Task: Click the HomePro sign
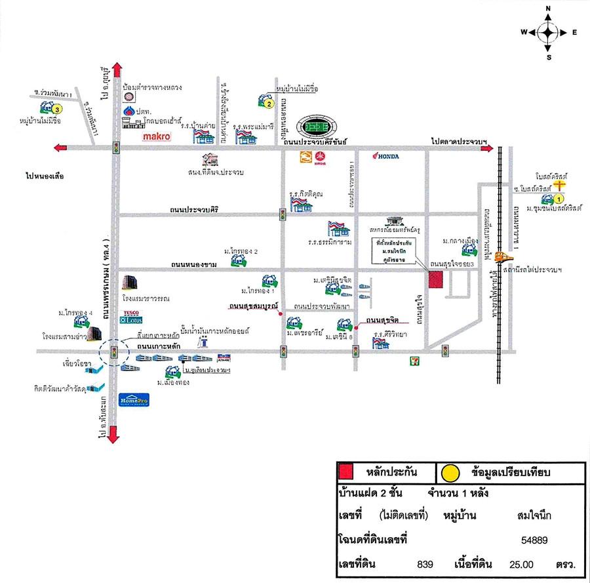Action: (134, 401)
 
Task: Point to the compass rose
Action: (549, 31)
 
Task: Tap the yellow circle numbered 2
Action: (269, 103)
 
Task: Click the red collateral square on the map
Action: (435, 279)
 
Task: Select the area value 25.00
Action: (521, 564)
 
